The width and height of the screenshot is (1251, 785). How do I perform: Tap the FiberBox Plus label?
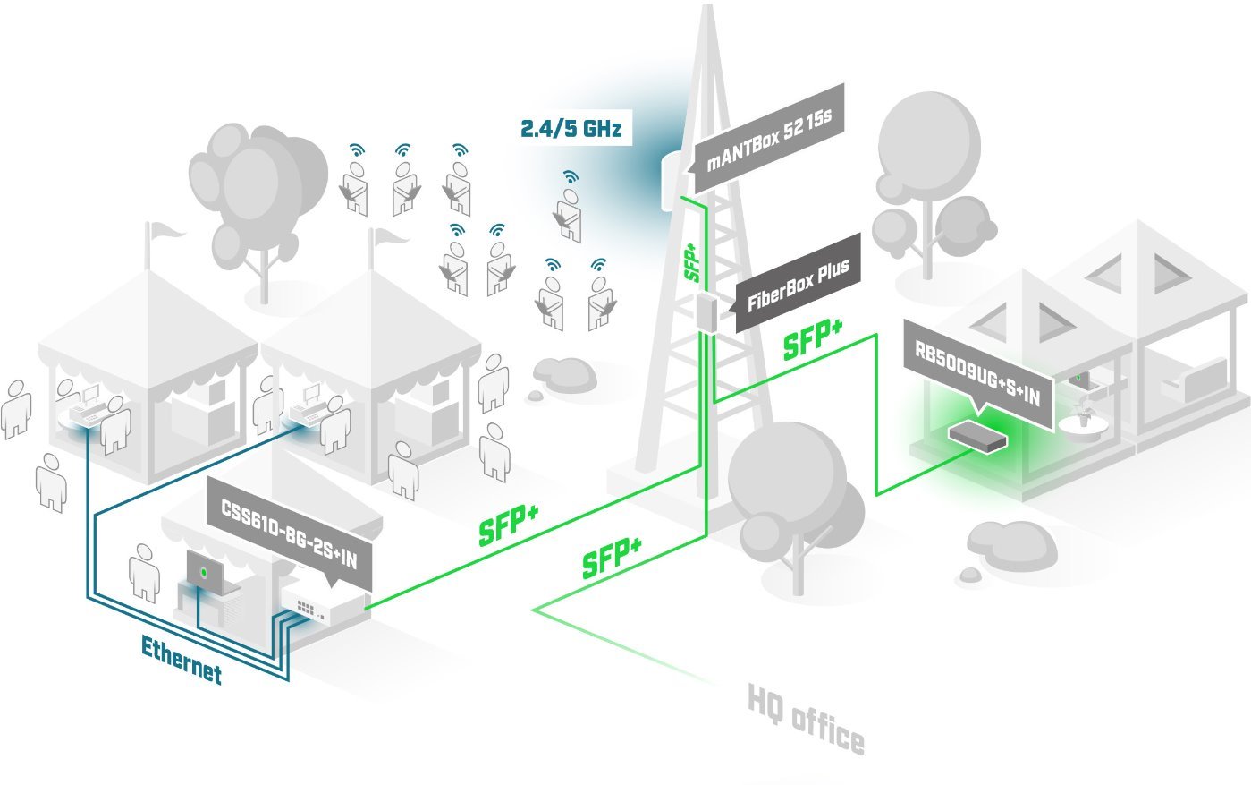tap(798, 284)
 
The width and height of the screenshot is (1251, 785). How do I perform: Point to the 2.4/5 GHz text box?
tap(571, 127)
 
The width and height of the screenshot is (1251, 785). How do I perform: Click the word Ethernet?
tap(182, 660)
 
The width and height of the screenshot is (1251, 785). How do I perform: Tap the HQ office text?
tap(806, 721)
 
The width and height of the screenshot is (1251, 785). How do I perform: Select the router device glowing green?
tap(976, 436)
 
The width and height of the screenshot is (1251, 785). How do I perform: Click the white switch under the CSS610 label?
tap(322, 609)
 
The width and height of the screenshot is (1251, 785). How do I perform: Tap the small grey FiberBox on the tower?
tap(707, 314)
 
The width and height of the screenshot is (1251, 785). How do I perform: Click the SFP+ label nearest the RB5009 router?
tap(813, 341)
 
